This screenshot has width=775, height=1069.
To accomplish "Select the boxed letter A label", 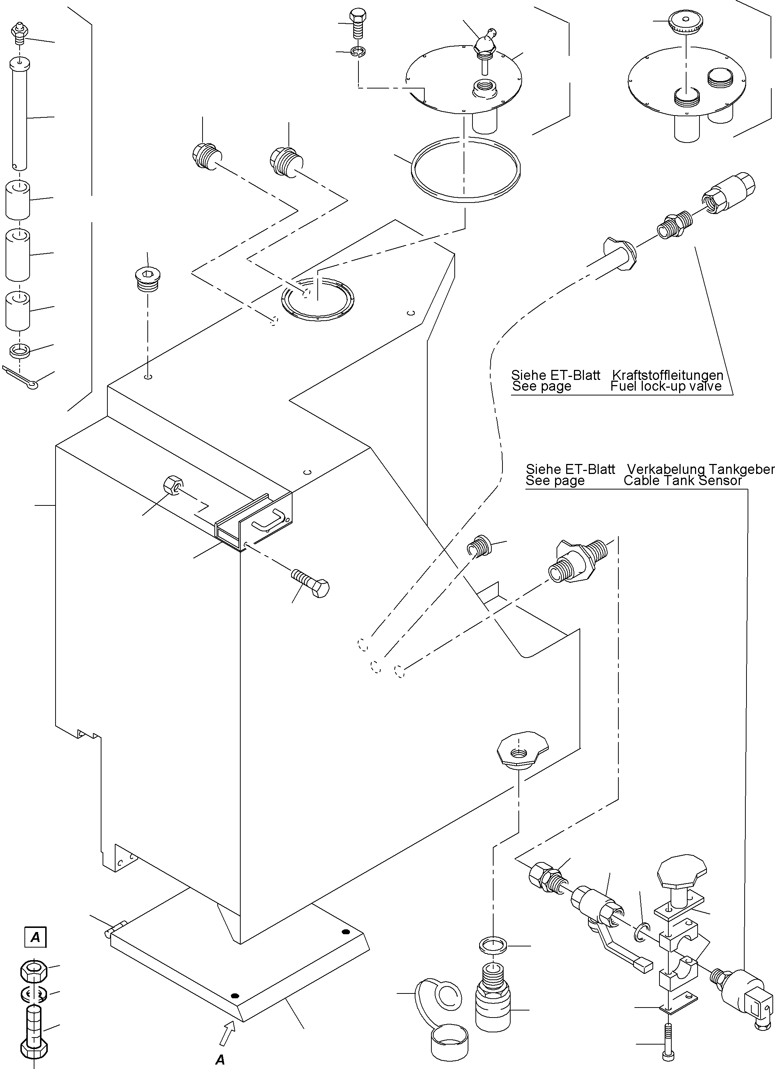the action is point(35,938).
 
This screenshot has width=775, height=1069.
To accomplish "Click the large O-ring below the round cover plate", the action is point(466,169).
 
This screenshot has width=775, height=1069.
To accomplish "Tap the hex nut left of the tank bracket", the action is point(171,485).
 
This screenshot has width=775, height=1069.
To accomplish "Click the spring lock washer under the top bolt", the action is point(359,51).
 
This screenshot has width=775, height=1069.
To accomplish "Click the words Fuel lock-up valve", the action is point(666,386).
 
